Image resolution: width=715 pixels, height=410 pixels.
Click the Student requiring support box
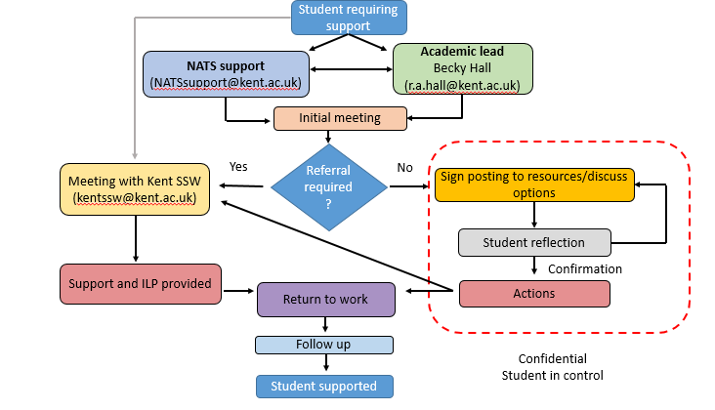350,17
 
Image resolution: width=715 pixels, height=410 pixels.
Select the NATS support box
226,74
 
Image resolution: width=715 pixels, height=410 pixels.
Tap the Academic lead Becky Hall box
462,68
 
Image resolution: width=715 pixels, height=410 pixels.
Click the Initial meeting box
340,118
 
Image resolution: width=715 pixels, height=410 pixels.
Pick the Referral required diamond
328,183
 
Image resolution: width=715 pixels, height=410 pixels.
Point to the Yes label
238,165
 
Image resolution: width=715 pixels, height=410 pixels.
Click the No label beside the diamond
404,167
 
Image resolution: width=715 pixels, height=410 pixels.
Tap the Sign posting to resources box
534,184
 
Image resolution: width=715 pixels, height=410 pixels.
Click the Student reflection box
533,242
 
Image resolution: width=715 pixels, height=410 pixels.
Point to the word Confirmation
585,268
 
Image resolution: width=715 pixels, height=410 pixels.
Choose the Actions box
533,293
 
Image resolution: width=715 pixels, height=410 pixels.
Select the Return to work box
326,299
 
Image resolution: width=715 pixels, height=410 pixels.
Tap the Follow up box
323,345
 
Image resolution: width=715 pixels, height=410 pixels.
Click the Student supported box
323,386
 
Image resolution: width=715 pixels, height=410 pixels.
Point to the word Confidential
552,358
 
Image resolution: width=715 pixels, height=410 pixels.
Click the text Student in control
552,375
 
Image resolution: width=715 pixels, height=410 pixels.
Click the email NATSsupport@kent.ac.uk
226,84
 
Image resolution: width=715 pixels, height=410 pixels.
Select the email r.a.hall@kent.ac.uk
462,86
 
